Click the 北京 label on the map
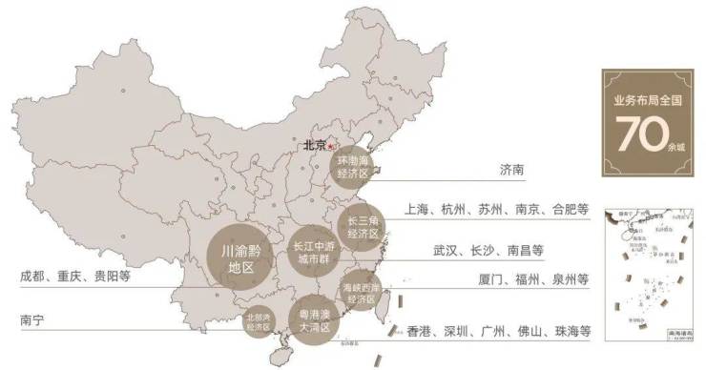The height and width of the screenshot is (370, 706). click(314, 146)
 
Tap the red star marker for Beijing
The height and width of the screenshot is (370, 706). click(331, 146)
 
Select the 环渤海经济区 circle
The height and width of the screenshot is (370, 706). click(353, 167)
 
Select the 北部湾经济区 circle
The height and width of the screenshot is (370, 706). click(259, 321)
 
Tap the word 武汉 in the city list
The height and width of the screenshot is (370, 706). click(446, 252)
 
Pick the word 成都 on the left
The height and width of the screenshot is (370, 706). click(32, 277)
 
